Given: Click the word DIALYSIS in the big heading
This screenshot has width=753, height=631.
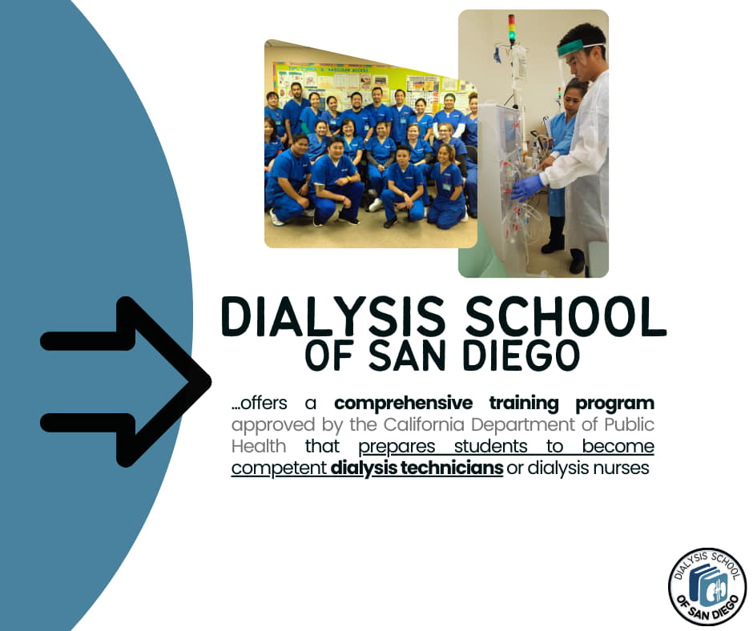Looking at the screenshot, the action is point(332,316).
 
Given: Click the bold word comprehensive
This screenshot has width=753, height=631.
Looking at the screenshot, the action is point(404,404).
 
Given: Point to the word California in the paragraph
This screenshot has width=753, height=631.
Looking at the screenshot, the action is point(424,424).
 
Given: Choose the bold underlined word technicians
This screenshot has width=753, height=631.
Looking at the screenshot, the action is point(452,468).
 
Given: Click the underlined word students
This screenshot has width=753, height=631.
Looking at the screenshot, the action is point(490,447).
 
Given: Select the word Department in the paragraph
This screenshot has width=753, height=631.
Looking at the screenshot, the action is point(521,425).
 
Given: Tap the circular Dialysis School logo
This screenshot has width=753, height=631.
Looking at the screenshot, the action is point(707,587).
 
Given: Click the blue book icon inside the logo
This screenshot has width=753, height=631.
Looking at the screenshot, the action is point(707,586).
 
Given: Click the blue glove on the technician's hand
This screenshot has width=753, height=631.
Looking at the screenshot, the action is point(527,187).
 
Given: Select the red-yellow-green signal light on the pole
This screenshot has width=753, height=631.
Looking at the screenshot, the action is point(512,28).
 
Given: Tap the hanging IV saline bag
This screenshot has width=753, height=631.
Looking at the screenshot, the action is point(518,63).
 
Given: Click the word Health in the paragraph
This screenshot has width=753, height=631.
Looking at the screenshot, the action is point(259,446).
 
